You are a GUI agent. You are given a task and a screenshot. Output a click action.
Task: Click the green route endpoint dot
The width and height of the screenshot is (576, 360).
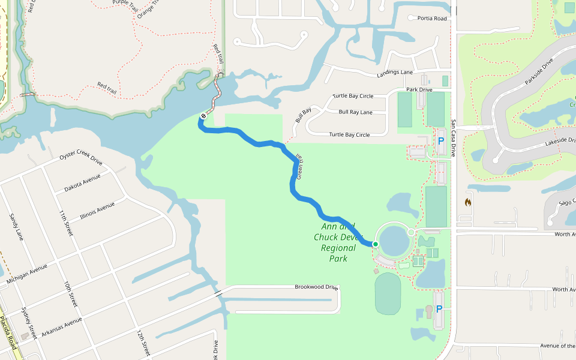[375, 244]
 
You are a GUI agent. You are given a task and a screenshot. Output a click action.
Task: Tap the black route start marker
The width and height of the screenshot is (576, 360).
[203, 116]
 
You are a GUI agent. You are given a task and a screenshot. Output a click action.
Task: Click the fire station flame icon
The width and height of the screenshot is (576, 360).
[467, 202]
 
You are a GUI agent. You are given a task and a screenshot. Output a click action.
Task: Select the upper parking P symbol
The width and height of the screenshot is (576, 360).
[441, 141]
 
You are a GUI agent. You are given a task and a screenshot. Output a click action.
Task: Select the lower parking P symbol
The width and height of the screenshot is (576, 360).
[439, 309]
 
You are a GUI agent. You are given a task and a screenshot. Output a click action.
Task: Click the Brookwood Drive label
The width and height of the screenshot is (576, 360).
[316, 287]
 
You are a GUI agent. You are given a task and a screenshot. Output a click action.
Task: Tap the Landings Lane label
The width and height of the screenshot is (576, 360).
[395, 73]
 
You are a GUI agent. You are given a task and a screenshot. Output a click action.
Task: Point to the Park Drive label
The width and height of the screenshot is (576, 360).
[419, 90]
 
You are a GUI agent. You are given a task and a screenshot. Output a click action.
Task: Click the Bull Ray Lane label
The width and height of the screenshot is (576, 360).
[355, 112]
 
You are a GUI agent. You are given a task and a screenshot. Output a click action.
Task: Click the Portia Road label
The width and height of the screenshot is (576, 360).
[432, 19]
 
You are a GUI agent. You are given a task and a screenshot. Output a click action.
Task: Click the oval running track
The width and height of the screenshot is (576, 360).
[388, 293]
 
